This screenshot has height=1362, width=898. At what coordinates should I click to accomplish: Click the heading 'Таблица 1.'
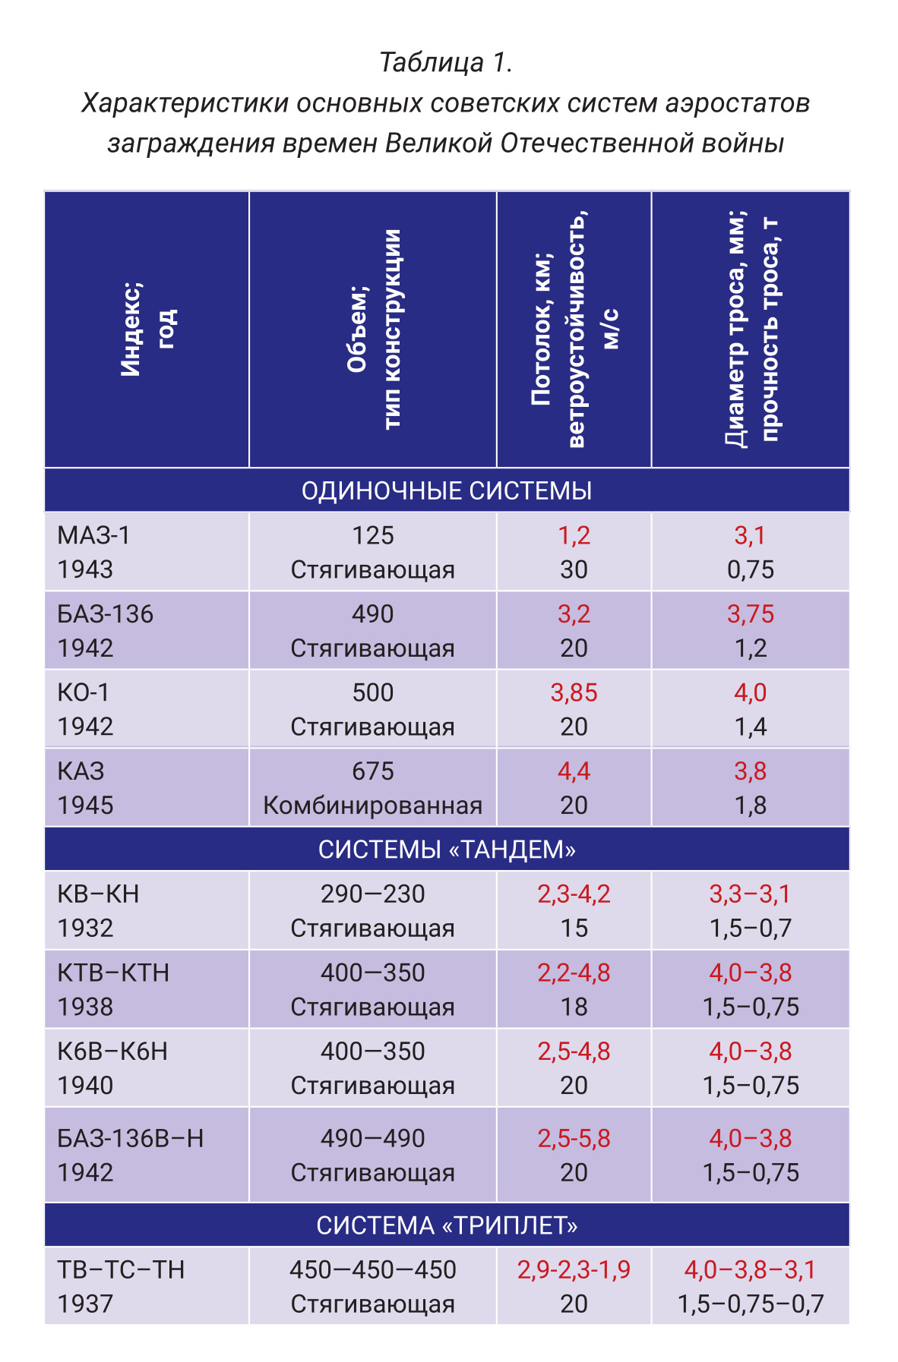click(x=446, y=62)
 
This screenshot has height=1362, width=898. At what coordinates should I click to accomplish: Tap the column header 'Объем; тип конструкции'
click(x=374, y=329)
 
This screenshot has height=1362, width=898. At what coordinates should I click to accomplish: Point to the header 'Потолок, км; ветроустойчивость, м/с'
click(x=575, y=329)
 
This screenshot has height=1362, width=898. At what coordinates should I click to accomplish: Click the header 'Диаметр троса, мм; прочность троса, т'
click(x=751, y=329)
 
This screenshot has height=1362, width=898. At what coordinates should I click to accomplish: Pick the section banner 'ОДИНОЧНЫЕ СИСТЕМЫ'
click(x=447, y=491)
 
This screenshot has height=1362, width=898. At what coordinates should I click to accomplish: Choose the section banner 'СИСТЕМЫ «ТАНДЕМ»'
click(x=447, y=850)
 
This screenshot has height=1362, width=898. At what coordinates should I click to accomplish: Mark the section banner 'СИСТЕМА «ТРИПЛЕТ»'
click(x=447, y=1225)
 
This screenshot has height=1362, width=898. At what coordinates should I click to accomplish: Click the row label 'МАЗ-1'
click(x=93, y=536)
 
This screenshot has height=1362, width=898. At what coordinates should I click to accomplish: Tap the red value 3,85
click(x=574, y=693)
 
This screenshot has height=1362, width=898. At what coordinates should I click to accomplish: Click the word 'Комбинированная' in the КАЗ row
click(x=373, y=806)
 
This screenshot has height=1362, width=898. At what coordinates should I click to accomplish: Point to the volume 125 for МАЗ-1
click(x=373, y=536)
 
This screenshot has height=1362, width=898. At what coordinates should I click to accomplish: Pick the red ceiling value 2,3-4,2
click(x=574, y=894)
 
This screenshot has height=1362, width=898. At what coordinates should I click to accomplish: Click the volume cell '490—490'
click(x=373, y=1139)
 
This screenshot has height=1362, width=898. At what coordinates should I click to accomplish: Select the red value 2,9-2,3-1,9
click(x=574, y=1270)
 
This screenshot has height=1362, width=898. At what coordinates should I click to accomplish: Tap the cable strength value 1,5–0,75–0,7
click(x=751, y=1304)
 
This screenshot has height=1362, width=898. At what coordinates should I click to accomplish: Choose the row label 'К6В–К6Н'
click(x=112, y=1051)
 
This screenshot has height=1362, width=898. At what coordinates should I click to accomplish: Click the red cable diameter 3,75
click(x=751, y=614)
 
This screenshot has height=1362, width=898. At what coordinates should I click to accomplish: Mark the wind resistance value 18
click(x=574, y=1007)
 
